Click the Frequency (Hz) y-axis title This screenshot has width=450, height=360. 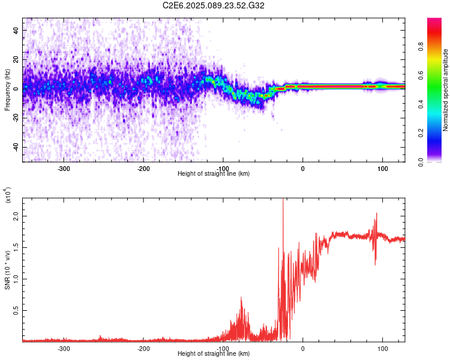7,89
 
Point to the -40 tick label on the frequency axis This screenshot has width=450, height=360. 15,148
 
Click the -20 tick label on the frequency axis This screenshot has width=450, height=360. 15,118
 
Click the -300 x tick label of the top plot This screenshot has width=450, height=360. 64,167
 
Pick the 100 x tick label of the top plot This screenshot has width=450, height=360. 382,167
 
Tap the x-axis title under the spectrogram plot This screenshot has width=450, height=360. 214,173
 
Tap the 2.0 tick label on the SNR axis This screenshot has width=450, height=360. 16,215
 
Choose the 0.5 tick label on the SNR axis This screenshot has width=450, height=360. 16,310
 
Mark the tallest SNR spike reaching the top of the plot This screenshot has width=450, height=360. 283,204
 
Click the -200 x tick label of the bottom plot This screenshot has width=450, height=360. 143,347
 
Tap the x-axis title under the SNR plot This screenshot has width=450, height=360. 214,353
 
